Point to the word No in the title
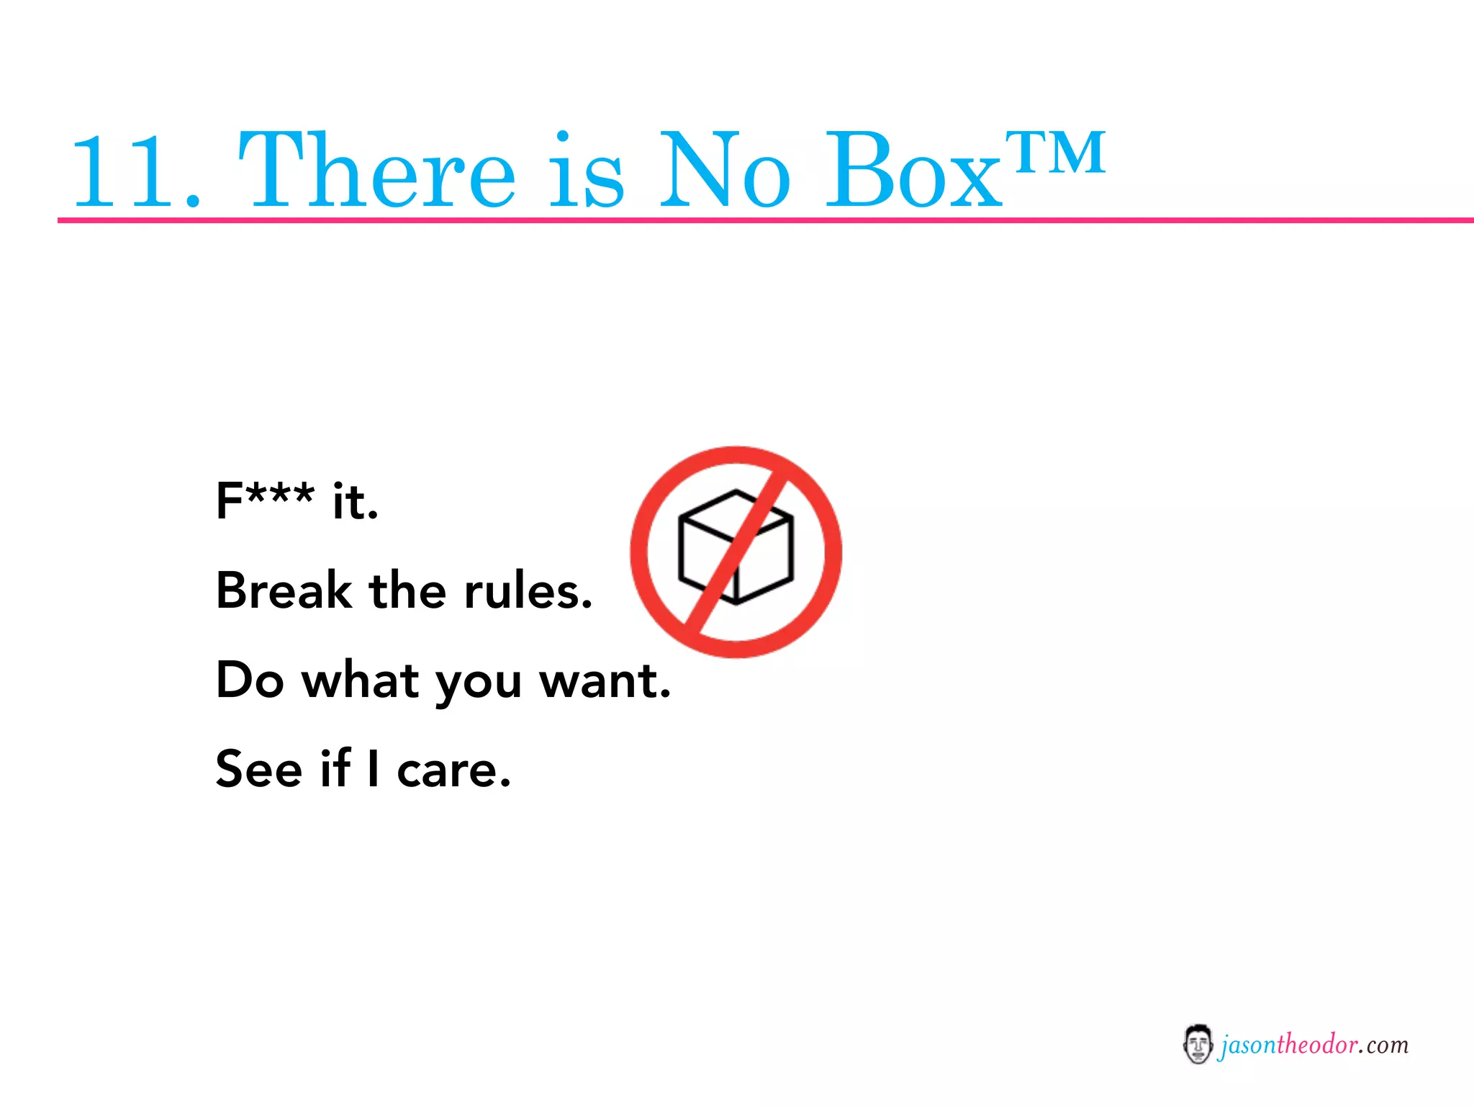[724, 171]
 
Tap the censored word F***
[265, 500]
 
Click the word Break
[284, 590]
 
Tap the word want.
[605, 680]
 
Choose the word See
[259, 769]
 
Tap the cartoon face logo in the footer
[1197, 1044]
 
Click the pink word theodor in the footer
[1317, 1044]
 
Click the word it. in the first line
[355, 500]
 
